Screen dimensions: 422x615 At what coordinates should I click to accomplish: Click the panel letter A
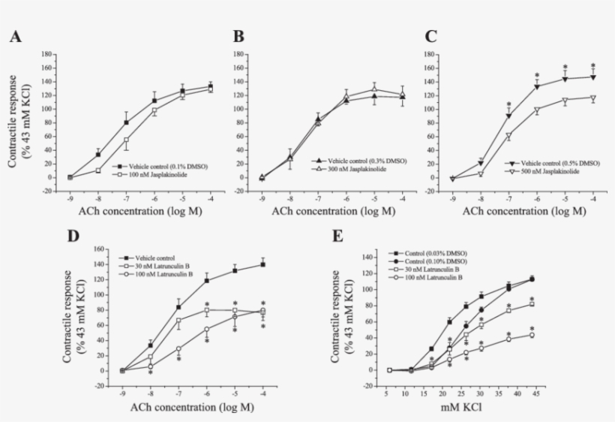click(x=14, y=37)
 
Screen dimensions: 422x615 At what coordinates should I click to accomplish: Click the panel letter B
click(x=238, y=37)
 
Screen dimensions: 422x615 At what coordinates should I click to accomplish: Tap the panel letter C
click(x=430, y=37)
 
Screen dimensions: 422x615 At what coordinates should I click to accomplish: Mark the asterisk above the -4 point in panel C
click(x=592, y=65)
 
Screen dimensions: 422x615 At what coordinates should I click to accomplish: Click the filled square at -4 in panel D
click(x=262, y=264)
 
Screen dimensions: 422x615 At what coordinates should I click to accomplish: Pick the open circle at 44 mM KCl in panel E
click(x=532, y=335)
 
